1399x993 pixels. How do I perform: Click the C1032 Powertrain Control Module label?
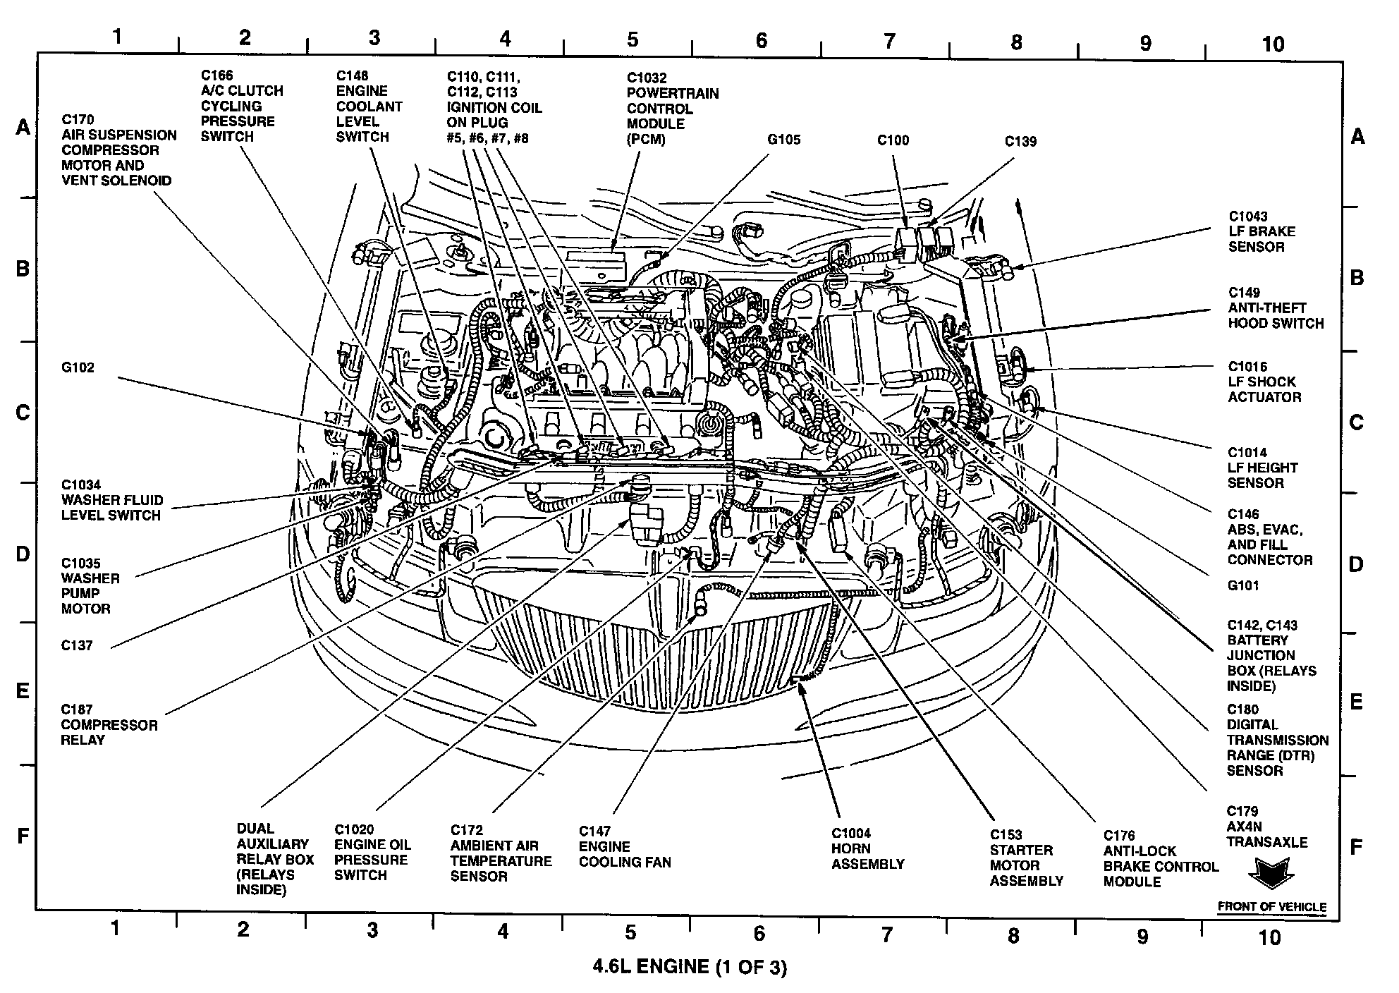(x=672, y=109)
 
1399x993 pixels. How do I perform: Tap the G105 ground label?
(x=783, y=140)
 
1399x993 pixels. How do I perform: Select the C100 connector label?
(x=893, y=140)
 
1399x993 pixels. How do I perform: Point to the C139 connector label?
(x=1020, y=142)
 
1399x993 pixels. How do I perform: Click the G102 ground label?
(x=78, y=367)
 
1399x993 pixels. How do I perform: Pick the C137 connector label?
(x=77, y=645)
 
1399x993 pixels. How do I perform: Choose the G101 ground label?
(x=1242, y=585)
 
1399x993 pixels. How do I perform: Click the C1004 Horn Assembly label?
(x=867, y=848)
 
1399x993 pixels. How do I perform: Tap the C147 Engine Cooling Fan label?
(x=625, y=846)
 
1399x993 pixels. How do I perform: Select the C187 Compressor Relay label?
(x=109, y=725)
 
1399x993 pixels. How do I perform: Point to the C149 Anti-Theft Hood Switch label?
(x=1276, y=308)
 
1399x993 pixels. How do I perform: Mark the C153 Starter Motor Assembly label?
(x=1026, y=858)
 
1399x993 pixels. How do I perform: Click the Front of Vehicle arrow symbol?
(x=1271, y=875)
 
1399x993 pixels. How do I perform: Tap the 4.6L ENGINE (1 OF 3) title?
(x=689, y=966)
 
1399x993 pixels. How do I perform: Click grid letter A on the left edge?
(x=23, y=128)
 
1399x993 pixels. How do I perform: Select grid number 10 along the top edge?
(x=1272, y=44)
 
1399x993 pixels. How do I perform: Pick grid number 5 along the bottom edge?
(x=630, y=932)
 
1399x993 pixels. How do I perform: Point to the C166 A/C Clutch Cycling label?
(x=241, y=106)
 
